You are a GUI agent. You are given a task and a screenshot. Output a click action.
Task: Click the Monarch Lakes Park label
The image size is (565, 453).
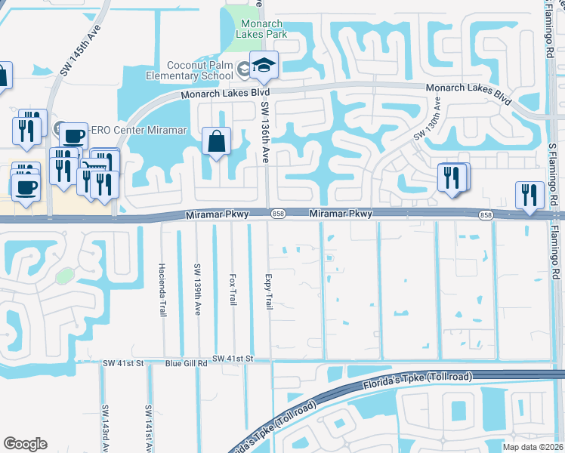[261, 28]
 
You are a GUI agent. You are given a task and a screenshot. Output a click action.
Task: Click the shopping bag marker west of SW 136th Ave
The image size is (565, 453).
[217, 141]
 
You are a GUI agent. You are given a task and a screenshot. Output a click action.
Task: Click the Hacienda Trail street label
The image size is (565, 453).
[162, 289]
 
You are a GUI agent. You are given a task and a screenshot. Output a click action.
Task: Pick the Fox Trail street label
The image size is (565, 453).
[232, 289]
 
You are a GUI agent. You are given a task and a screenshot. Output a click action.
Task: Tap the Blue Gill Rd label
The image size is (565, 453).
[186, 364]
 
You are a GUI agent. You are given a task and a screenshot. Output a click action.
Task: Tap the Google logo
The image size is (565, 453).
[26, 444]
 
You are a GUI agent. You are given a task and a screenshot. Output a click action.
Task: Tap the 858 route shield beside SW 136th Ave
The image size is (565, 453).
[278, 215]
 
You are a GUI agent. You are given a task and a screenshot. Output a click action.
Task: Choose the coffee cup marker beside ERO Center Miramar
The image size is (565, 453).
[73, 137]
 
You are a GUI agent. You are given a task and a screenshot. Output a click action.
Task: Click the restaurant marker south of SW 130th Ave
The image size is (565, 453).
[452, 177]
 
